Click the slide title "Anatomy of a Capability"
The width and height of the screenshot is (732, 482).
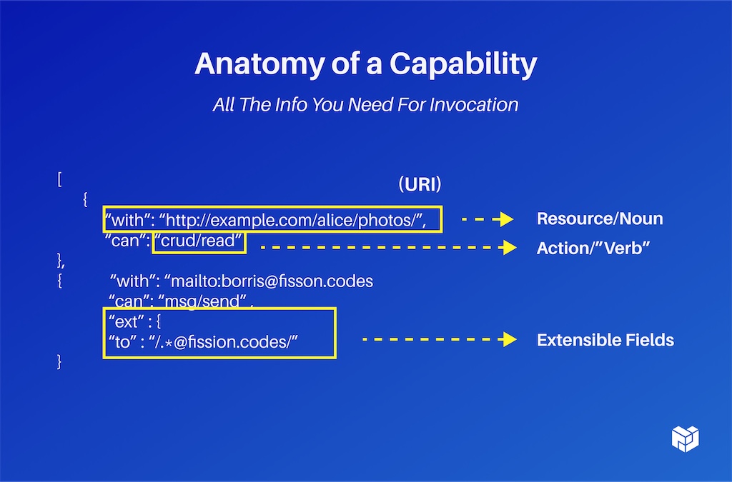[365, 64]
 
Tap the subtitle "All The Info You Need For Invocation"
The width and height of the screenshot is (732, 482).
[365, 104]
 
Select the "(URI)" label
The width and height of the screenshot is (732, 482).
[420, 184]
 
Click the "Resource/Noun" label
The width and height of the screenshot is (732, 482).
[599, 219]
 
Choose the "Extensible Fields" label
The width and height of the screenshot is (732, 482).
[605, 340]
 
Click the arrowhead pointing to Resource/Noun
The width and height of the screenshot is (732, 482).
[508, 219]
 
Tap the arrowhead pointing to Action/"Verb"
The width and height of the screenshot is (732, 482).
[509, 248]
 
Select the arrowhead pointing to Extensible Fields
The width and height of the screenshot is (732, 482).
[509, 340]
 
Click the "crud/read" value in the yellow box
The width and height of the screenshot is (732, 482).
[199, 241]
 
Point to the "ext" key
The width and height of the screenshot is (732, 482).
[126, 321]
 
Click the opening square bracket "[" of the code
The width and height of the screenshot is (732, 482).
[59, 179]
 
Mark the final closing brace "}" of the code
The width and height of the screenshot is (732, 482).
[59, 363]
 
